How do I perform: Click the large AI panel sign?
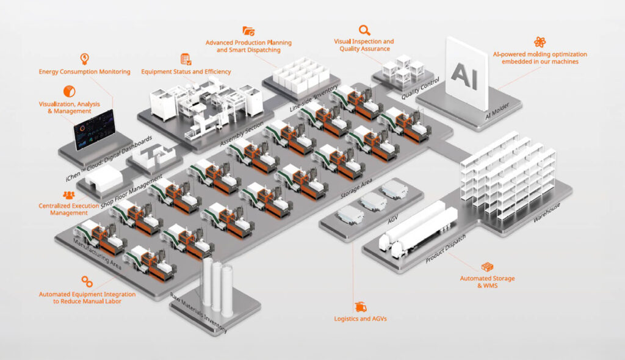(467, 72)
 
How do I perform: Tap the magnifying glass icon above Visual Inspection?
(364, 29)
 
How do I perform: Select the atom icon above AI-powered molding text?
(540, 42)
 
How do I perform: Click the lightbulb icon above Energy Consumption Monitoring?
(84, 59)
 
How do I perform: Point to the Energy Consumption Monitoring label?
(84, 72)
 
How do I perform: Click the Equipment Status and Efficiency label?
(186, 72)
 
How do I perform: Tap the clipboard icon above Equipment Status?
(186, 59)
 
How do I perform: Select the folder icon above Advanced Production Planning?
(248, 31)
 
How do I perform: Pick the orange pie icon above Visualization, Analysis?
(69, 92)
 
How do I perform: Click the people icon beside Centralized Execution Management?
(68, 195)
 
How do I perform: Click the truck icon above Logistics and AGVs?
(360, 307)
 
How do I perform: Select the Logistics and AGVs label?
(360, 319)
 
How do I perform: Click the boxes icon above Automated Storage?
(487, 267)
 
